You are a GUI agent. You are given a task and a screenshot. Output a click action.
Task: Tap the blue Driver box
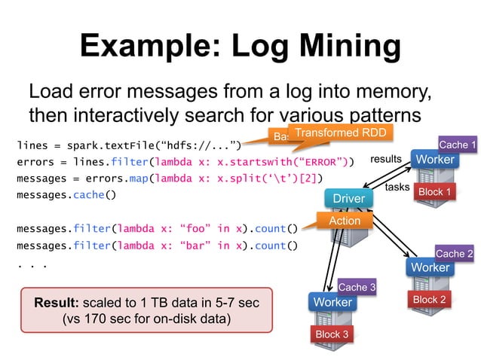tap(349, 198)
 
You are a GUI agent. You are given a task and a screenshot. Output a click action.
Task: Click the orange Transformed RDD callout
tap(329, 133)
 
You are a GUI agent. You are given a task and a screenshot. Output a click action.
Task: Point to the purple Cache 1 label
tap(457, 145)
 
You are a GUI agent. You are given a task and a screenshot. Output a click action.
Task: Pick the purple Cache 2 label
tap(454, 254)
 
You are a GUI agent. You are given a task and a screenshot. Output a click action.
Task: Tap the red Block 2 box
tap(427, 300)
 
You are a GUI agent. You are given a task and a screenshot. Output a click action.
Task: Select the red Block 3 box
tap(332, 334)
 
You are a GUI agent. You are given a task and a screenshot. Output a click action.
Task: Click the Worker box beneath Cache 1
tap(435, 160)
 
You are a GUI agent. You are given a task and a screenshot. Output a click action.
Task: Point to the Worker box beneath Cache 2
tap(430, 267)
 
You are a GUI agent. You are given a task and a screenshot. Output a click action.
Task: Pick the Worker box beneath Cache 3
tap(332, 302)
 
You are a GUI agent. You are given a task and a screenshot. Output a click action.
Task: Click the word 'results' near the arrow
tap(385, 159)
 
